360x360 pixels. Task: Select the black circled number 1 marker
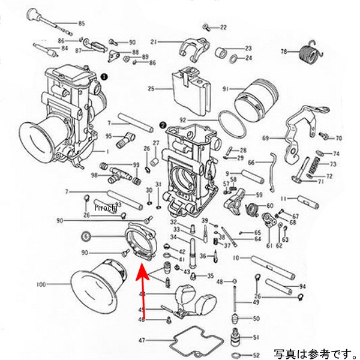pos(104,77)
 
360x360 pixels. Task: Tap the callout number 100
pos(58,284)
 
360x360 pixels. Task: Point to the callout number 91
pos(226,89)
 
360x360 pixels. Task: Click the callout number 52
pos(256,355)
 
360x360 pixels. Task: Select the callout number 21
pos(153,42)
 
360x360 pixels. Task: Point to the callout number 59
pos(259,195)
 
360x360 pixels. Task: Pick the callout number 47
pos(142,340)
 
